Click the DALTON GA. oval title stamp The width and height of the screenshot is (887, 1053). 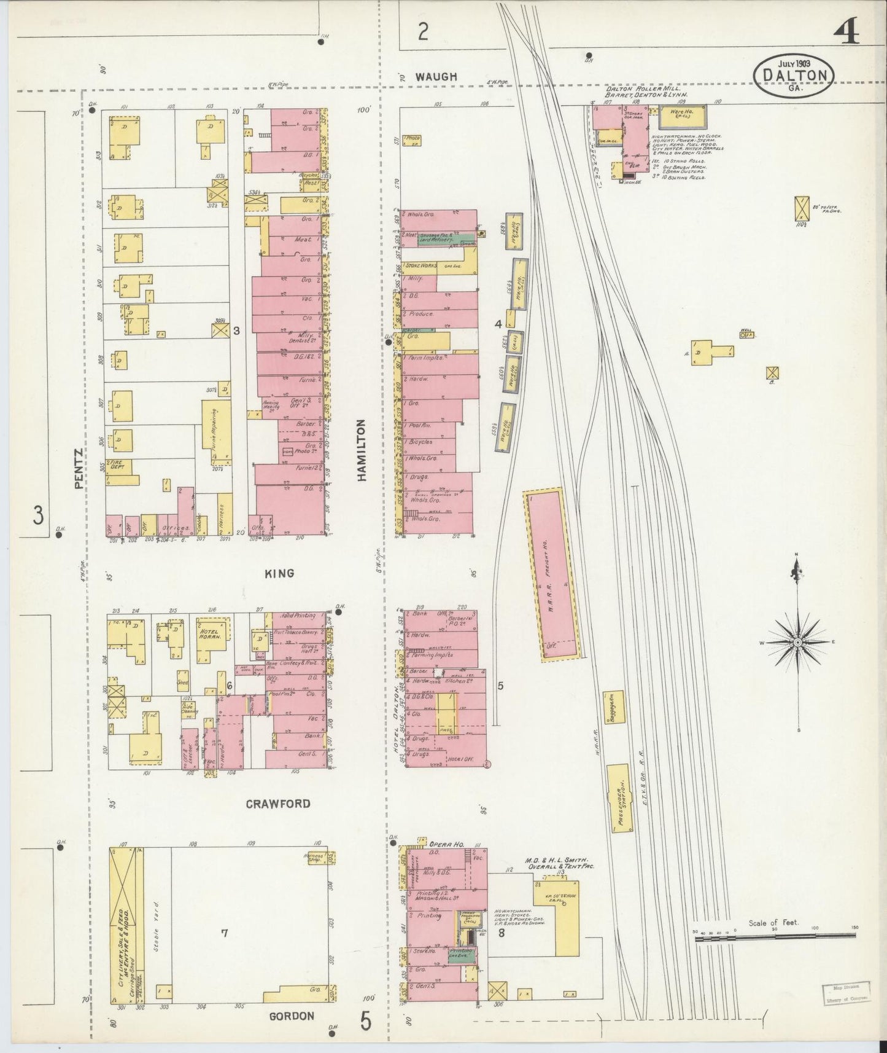coord(794,74)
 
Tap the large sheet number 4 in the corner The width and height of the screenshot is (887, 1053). coord(848,29)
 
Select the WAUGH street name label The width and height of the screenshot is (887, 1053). coord(436,77)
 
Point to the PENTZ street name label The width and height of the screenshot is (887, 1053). coord(78,468)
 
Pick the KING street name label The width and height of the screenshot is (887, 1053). coord(279,573)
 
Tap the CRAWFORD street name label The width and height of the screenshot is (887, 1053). coord(278,804)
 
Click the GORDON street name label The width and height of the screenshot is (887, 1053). coord(292,1016)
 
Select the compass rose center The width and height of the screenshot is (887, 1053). coord(797,642)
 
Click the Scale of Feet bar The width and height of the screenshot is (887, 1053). coord(775,936)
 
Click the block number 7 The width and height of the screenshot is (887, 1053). coord(224,933)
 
